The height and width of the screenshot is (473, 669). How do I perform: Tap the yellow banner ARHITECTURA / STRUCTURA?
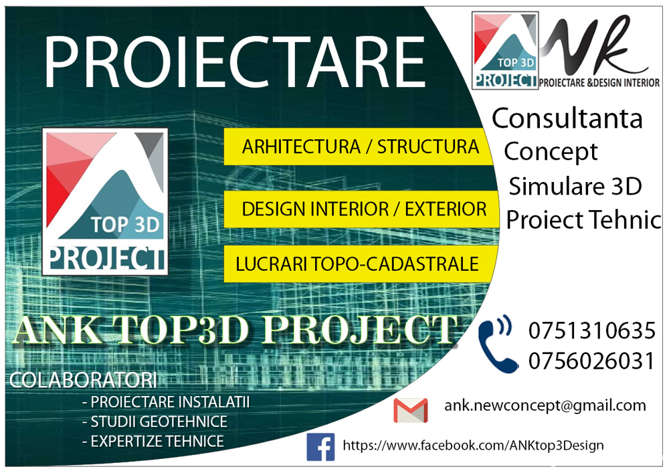[360, 147]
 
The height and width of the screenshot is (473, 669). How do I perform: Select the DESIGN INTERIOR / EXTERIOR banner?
[363, 209]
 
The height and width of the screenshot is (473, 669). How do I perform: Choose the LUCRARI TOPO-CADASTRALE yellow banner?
[357, 264]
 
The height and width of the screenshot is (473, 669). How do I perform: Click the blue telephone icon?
[498, 344]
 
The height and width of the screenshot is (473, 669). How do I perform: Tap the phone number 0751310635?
[591, 330]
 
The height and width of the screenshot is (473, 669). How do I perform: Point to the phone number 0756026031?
[591, 361]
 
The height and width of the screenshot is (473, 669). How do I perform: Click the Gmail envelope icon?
[410, 410]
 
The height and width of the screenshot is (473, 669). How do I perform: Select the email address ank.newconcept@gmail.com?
[545, 405]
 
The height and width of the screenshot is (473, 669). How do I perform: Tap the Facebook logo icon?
[320, 446]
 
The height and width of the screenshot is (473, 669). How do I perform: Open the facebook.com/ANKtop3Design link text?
[473, 445]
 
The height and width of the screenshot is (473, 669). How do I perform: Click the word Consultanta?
[567, 118]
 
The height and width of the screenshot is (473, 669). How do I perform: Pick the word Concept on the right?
[551, 151]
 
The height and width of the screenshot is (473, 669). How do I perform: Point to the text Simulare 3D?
[575, 186]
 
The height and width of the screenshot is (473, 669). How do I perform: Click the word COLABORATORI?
[83, 381]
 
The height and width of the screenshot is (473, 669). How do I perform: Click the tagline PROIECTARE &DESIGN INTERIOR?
[599, 82]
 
